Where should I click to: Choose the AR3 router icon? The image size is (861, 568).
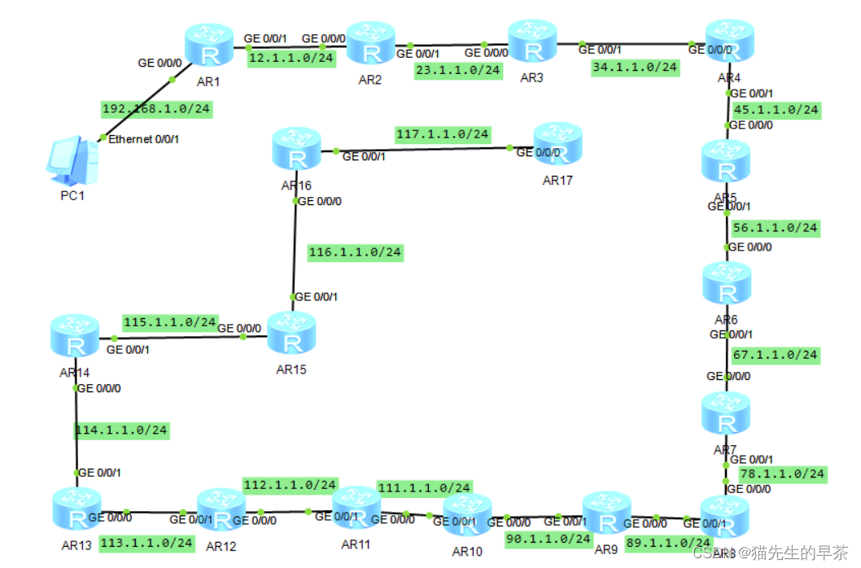coord(532,42)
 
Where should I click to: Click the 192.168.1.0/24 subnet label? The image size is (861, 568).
coord(156,109)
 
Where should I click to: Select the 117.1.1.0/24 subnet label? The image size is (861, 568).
coord(442,133)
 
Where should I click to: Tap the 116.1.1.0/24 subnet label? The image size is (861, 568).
coord(355,252)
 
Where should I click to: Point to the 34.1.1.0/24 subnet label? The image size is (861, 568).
coord(635,68)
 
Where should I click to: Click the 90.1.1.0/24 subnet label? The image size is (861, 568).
coord(548,539)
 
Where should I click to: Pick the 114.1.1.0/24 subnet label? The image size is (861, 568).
coord(122,430)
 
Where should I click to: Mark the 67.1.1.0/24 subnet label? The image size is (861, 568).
coord(774,355)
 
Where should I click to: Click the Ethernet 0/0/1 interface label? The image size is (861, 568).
coord(143,139)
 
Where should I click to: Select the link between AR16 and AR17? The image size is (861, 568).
coord(423,150)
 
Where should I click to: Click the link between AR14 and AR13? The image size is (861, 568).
coord(76,439)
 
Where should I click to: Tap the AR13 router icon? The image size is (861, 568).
coord(76,509)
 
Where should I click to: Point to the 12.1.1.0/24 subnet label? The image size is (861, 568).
coord(291,59)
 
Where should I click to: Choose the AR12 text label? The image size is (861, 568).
coord(221,547)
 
